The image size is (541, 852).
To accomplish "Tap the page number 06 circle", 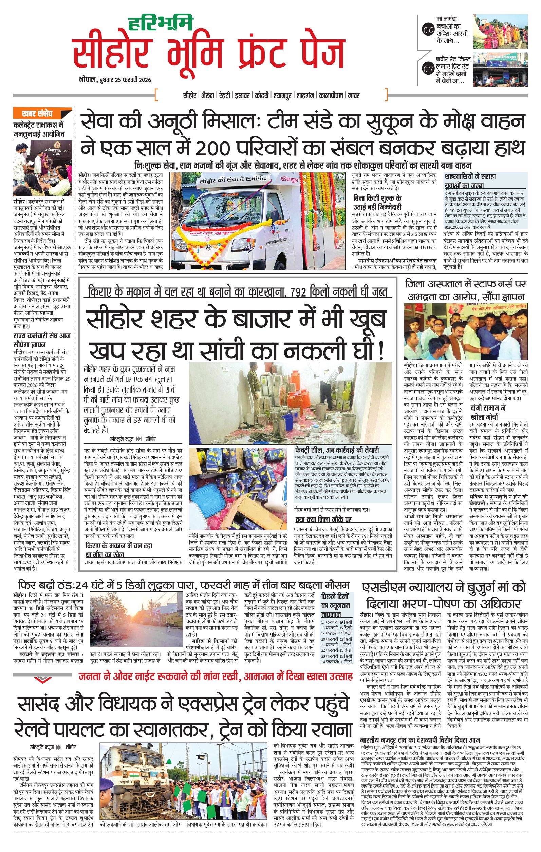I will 428,31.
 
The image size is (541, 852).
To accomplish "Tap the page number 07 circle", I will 428,69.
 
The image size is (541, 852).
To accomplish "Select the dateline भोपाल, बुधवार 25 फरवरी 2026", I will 115,80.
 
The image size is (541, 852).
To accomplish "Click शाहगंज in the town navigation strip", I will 306,96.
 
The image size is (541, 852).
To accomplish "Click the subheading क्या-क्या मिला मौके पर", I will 323,519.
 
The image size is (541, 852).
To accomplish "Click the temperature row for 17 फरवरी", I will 336,622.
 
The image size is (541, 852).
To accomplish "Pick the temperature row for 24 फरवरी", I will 336,661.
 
